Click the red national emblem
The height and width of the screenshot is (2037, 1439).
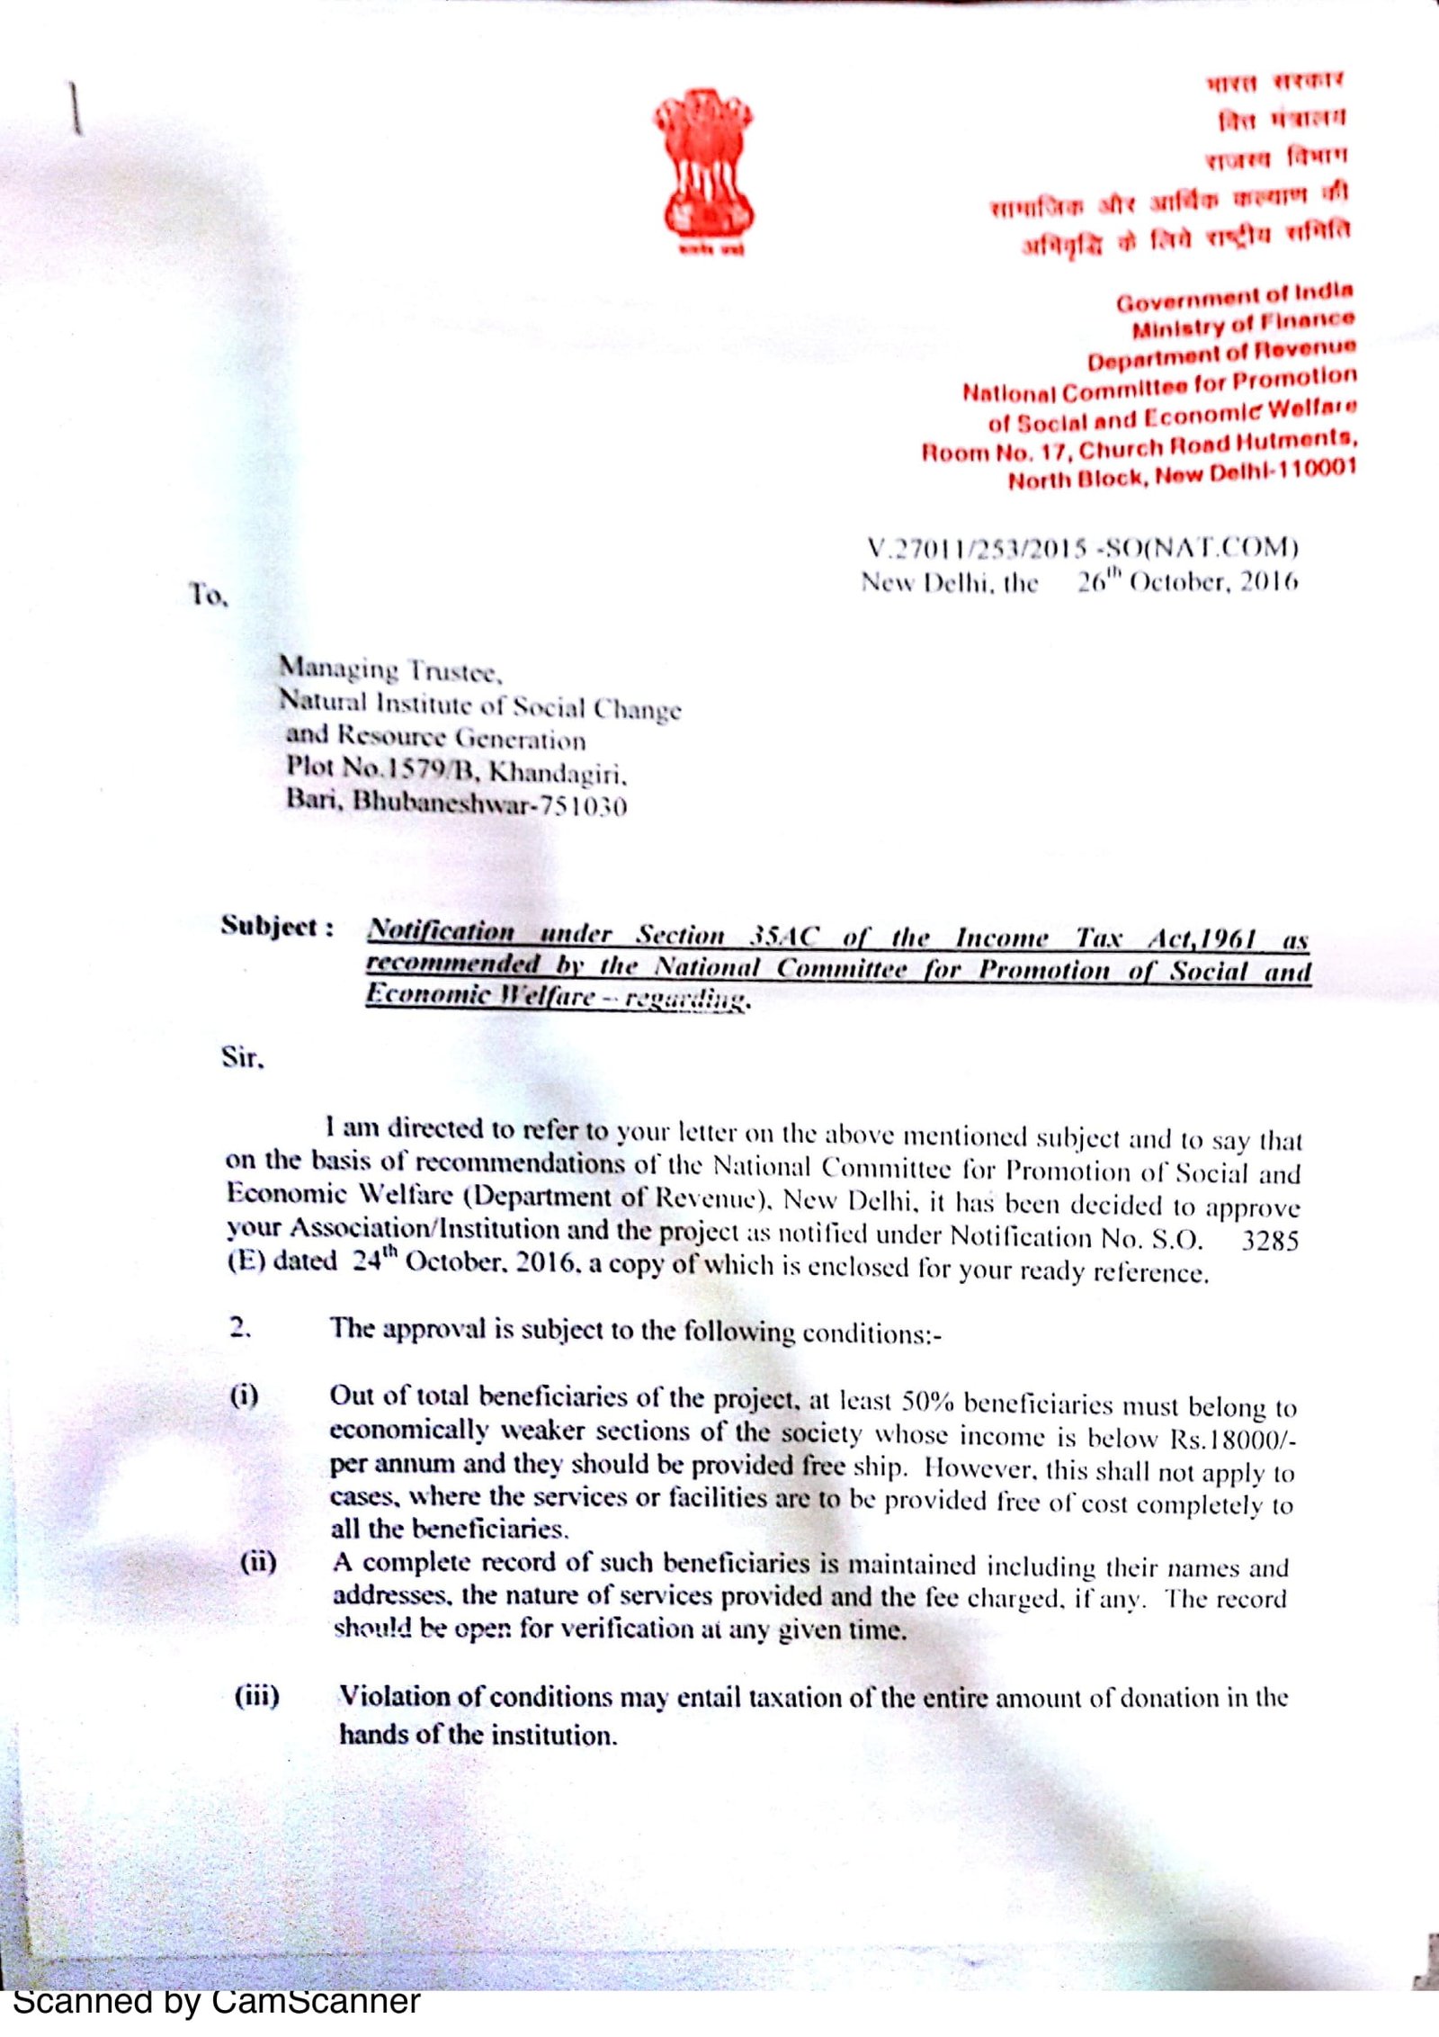pyautogui.click(x=703, y=166)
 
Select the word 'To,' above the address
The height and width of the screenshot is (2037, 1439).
pyautogui.click(x=209, y=595)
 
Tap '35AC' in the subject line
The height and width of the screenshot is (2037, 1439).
pyautogui.click(x=784, y=937)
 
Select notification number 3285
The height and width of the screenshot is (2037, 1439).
pyautogui.click(x=1270, y=1241)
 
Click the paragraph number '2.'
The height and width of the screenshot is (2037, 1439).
pyautogui.click(x=240, y=1328)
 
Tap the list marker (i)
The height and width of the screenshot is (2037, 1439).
pyautogui.click(x=244, y=1396)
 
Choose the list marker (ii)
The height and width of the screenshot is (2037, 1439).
pyautogui.click(x=258, y=1561)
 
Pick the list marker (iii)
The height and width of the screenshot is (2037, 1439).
pyautogui.click(x=257, y=1696)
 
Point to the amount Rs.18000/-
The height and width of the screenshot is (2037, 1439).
pyautogui.click(x=1232, y=1438)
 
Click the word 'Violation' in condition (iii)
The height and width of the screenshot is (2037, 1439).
pyautogui.click(x=392, y=1696)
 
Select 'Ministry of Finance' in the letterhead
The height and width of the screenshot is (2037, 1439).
pyautogui.click(x=1243, y=325)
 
